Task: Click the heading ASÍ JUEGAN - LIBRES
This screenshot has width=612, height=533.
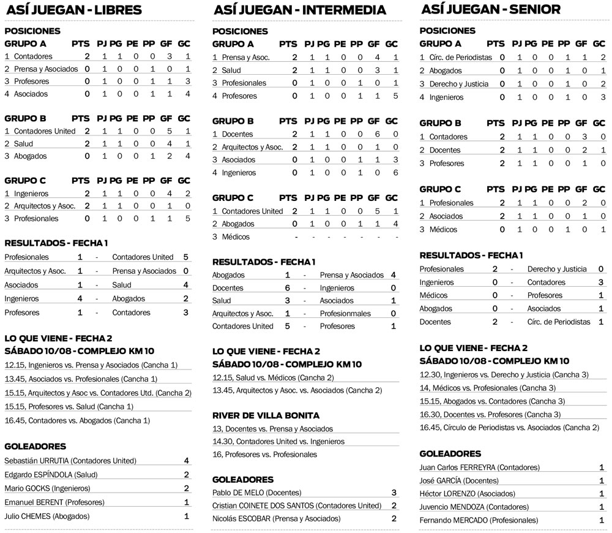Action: pos(73,10)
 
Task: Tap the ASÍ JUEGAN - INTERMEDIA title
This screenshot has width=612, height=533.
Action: pos(299,10)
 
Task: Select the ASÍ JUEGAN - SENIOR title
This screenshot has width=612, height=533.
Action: pos(491,9)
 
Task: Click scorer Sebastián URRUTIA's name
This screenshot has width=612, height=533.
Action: pos(70,461)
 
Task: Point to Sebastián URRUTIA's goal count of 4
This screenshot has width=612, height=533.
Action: pos(187,461)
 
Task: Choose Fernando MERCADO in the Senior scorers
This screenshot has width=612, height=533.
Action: pos(479,520)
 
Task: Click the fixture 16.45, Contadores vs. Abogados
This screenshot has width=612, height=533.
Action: pos(77,420)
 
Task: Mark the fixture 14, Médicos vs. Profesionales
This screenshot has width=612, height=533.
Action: pos(488,388)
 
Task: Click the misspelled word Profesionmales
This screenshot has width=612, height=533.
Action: pos(345,314)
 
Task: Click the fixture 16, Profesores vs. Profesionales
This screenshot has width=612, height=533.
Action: pos(264,455)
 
